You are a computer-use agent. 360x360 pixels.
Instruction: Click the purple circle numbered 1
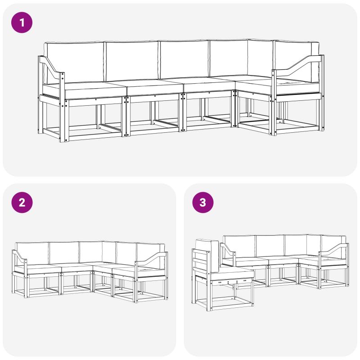[x=22, y=22]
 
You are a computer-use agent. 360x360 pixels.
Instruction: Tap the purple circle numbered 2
[x=22, y=202]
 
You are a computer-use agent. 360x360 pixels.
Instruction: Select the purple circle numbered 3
[x=203, y=202]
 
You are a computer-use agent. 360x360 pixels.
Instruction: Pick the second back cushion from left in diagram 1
[x=131, y=60]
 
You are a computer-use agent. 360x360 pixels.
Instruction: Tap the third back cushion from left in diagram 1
[x=184, y=59]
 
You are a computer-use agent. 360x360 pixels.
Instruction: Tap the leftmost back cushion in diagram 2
[x=32, y=253]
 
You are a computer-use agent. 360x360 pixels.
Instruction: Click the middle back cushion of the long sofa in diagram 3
[x=270, y=246]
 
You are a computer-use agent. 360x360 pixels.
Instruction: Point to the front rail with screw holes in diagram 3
[x=232, y=281]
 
